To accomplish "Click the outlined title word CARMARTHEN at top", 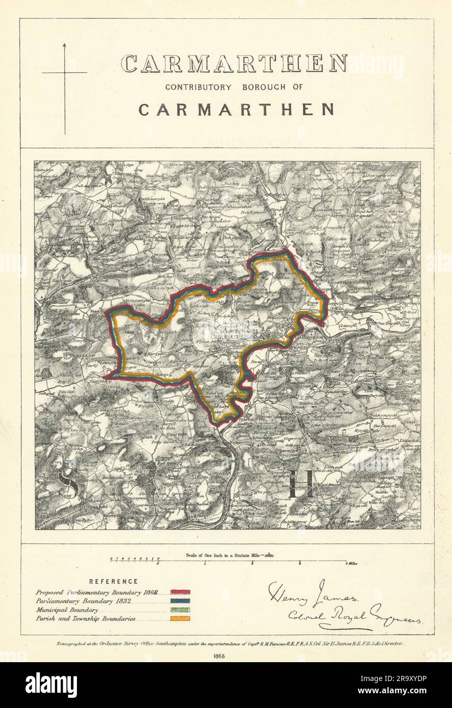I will tap(234, 64).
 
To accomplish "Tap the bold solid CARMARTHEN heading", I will tap(236, 110).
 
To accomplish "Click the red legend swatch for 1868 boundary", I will tap(180, 592).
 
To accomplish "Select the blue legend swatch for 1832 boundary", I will tap(180, 601).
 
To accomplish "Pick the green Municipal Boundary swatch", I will tap(180, 610).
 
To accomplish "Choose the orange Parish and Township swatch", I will tap(180, 618).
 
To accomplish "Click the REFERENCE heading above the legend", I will tap(113, 581).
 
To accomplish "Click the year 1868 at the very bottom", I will tap(223, 656).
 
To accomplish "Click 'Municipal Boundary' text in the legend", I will tap(67, 610).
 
